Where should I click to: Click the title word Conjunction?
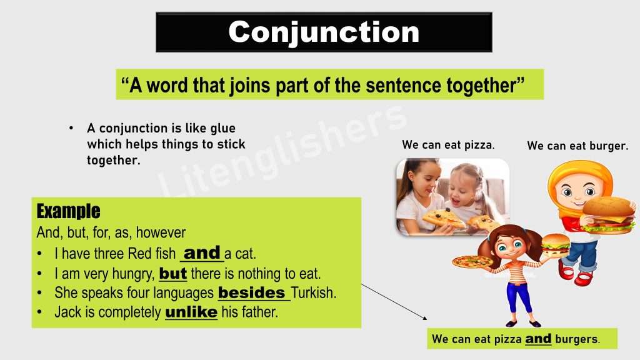pyautogui.click(x=323, y=32)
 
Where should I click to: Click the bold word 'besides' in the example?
pyautogui.click(x=251, y=292)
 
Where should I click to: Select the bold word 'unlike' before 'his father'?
pyautogui.click(x=191, y=311)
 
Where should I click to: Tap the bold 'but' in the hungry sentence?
pyautogui.click(x=173, y=274)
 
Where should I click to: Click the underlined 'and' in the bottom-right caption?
pyautogui.click(x=538, y=339)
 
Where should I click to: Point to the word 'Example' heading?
pyautogui.click(x=68, y=211)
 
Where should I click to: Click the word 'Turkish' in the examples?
pyautogui.click(x=313, y=292)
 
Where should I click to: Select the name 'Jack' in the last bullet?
pyautogui.click(x=67, y=312)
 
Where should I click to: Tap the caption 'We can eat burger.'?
pyautogui.click(x=577, y=146)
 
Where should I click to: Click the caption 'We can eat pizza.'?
pyautogui.click(x=448, y=145)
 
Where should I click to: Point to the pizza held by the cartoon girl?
pyautogui.click(x=472, y=261)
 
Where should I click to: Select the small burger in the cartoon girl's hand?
pyautogui.click(x=555, y=244)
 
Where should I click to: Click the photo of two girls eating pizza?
pyautogui.click(x=452, y=197)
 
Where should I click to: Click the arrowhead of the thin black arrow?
pyautogui.click(x=427, y=319)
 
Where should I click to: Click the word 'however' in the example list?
pyautogui.click(x=161, y=233)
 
